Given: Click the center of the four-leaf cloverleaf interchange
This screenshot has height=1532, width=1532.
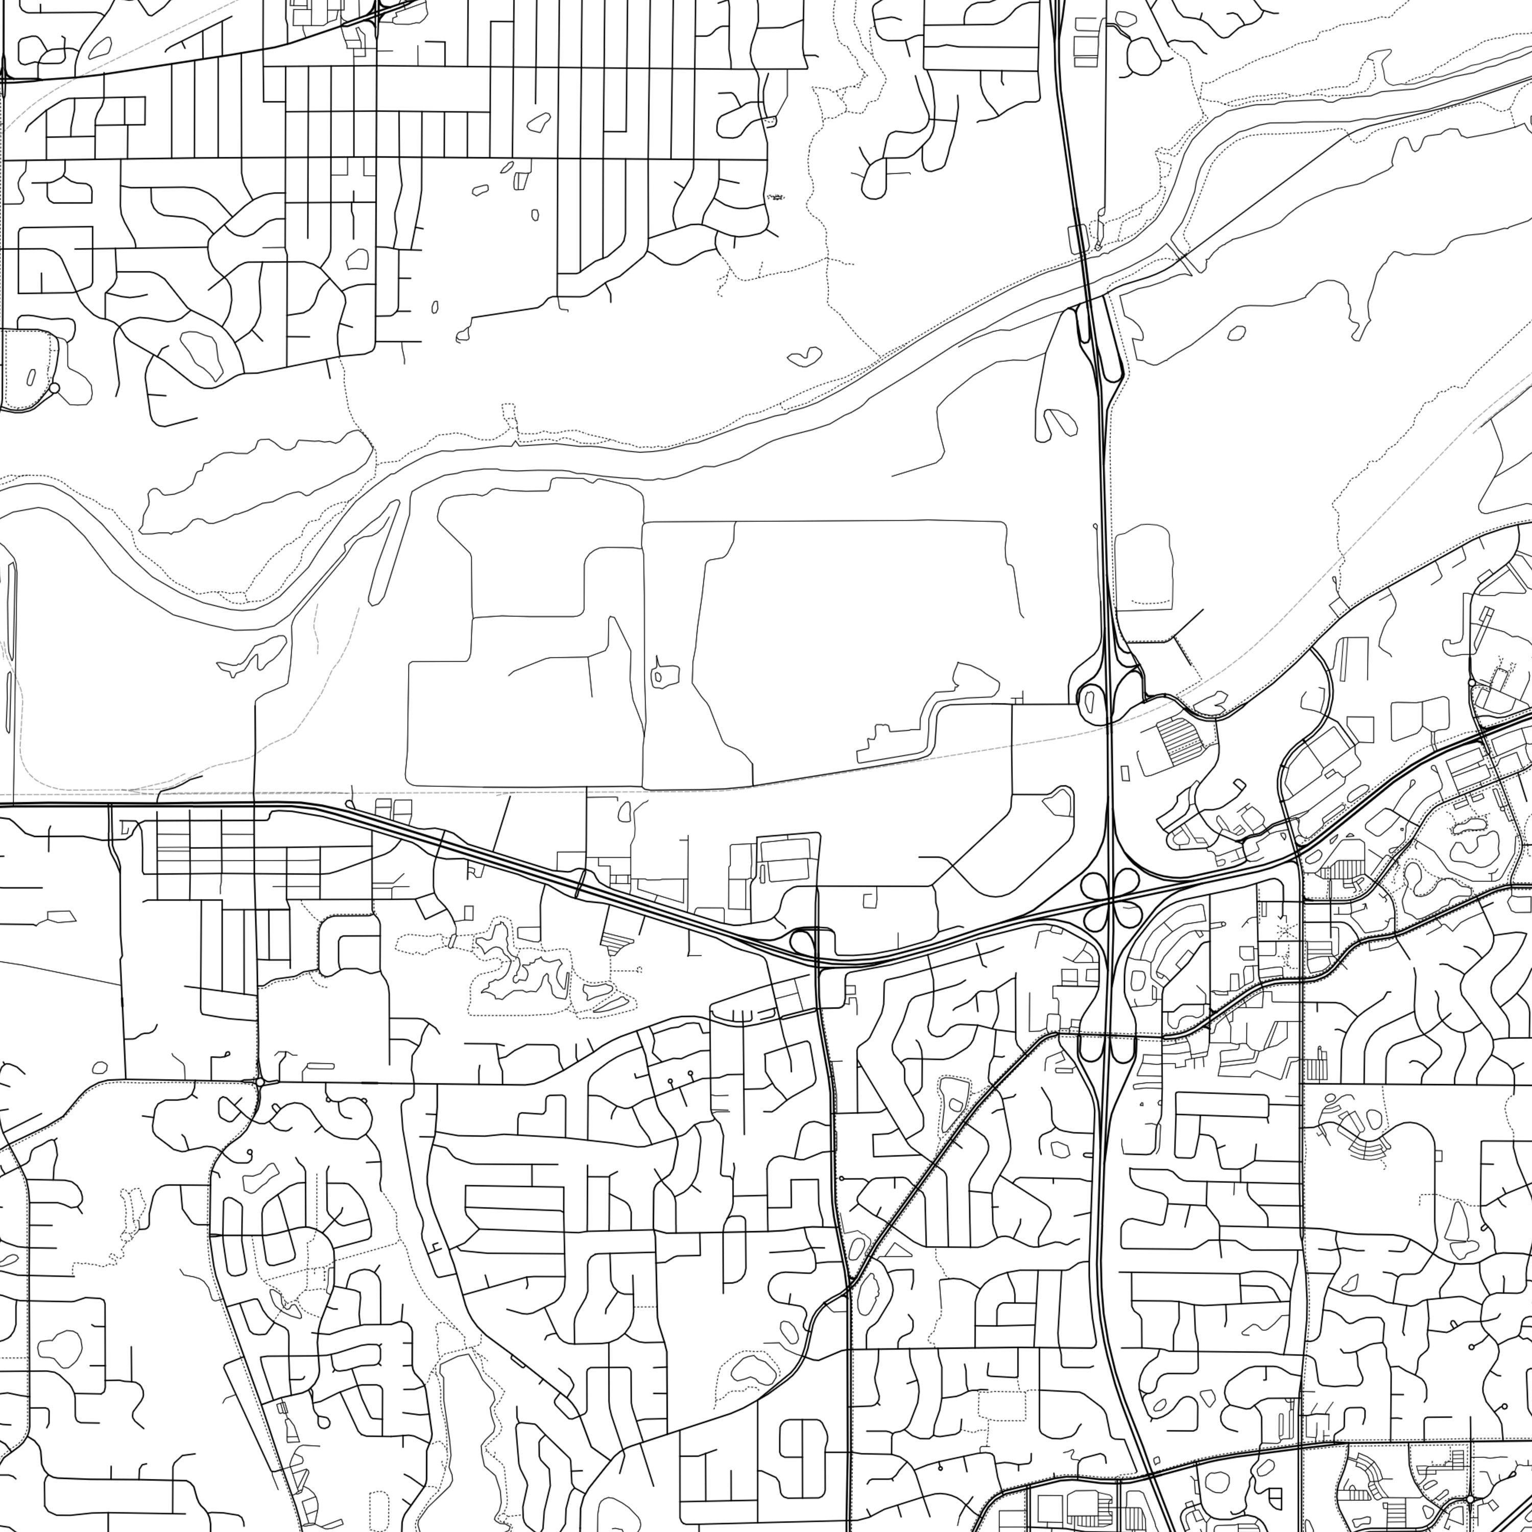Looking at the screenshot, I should point(1113,897).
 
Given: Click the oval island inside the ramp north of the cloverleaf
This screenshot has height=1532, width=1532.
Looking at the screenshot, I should point(1090,700).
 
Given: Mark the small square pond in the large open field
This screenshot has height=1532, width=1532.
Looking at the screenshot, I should point(664,676).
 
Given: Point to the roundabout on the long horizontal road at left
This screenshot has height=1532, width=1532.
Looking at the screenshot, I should point(260,1082).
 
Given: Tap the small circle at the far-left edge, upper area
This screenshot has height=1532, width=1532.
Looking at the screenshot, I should point(54,388).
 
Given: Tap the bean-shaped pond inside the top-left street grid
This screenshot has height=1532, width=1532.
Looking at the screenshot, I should point(539,123).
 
